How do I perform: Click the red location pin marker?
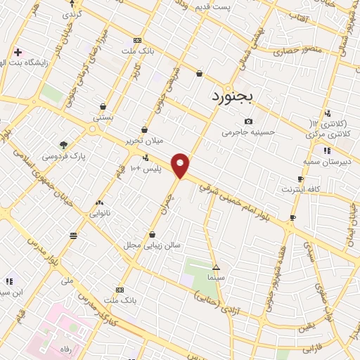[181, 165]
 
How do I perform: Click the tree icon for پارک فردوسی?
[64, 145]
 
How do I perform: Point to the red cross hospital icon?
[18, 52]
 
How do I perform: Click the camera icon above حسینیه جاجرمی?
[248, 122]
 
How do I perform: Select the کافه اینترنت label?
[300, 190]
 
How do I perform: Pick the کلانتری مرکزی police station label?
[328, 129]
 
